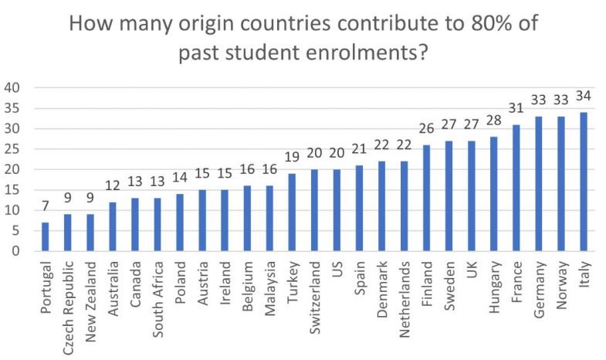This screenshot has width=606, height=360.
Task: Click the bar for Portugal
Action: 45,236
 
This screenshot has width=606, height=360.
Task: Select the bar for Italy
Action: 582,182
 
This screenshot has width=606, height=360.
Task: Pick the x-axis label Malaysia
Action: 269,286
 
